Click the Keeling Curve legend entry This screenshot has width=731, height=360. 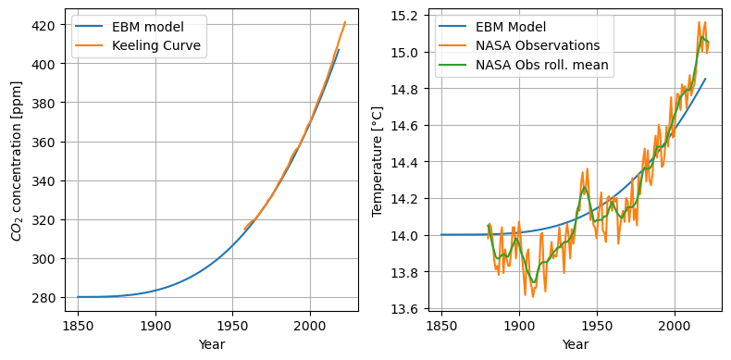pos(140,45)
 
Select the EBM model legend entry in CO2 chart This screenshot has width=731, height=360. pos(130,27)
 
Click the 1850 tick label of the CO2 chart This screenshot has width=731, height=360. pos(79,325)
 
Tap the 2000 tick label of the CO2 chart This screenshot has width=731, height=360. pos(310,325)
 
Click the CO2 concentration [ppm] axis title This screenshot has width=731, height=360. pos(18,161)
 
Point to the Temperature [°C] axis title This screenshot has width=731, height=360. pos(378,161)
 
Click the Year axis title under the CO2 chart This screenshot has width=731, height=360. pos(212,344)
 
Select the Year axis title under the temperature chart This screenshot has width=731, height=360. pos(576,344)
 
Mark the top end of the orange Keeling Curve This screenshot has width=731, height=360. pos(345,22)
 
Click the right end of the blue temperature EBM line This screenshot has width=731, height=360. pos(705,79)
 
